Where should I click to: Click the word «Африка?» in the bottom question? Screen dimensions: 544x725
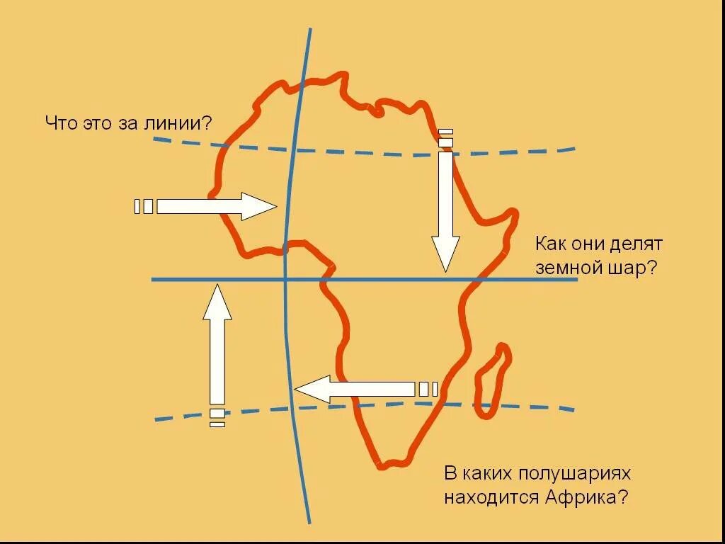click(x=587, y=497)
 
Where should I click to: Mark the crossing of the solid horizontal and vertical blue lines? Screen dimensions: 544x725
click(x=285, y=280)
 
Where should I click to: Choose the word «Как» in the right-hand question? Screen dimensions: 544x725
click(x=550, y=245)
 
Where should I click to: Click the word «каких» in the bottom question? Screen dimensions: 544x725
click(x=489, y=472)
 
